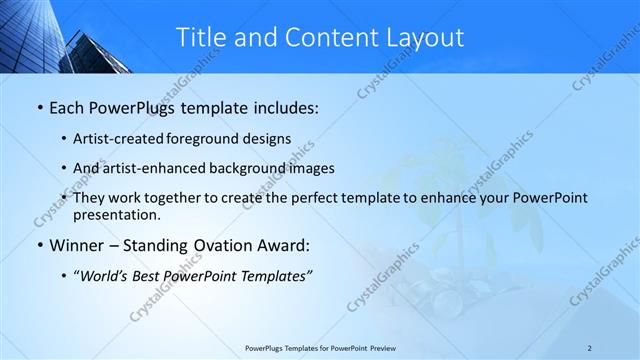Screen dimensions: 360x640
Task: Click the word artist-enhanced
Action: [x=158, y=168]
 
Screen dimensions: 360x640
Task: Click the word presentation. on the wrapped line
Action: [x=116, y=214]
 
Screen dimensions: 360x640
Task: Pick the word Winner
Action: [x=78, y=244]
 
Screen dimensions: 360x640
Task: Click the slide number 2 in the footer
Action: [x=589, y=348]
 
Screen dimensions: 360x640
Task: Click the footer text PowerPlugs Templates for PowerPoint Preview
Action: [x=320, y=348]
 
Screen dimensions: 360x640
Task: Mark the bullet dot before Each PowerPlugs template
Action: [x=39, y=107]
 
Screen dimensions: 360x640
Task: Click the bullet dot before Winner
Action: [x=39, y=245]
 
